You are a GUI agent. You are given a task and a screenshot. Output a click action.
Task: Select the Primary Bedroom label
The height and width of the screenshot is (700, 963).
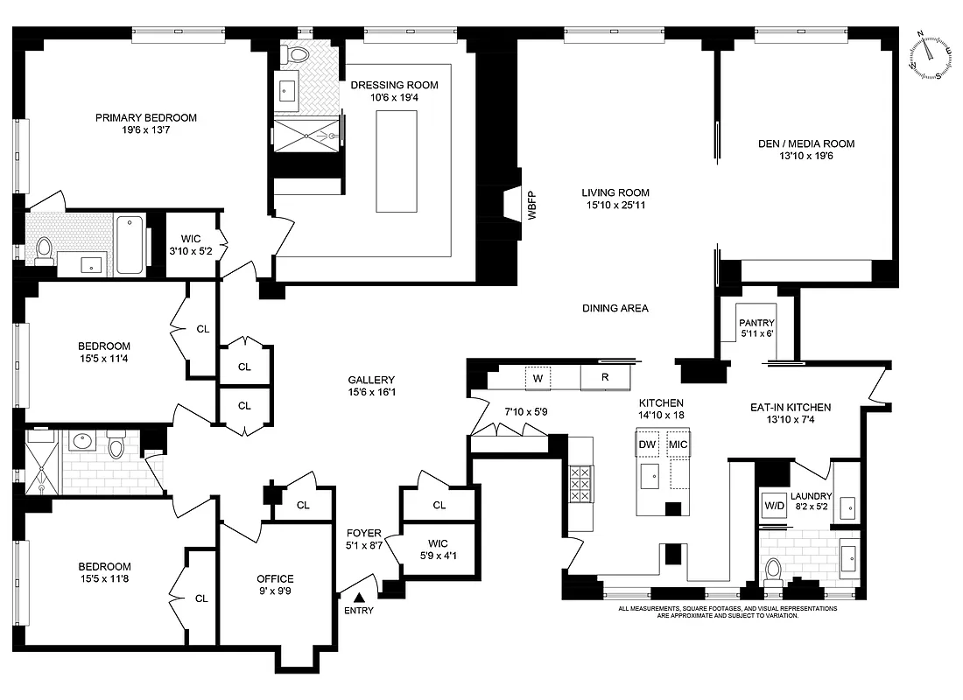click(146, 117)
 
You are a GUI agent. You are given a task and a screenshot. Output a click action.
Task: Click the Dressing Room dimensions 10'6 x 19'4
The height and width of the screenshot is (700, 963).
click(394, 99)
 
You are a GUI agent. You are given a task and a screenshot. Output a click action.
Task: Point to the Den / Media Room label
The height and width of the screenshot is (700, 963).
click(806, 143)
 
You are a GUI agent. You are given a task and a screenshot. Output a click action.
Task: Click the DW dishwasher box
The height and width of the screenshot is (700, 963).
click(648, 444)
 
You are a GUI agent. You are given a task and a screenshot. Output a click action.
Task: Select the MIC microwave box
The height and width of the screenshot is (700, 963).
click(678, 444)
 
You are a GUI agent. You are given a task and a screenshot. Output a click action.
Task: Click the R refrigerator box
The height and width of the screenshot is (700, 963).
click(605, 378)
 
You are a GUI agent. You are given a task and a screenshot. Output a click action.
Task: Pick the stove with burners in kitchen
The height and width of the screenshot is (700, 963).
click(580, 483)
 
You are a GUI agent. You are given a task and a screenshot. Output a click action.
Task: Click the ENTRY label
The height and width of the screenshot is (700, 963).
click(359, 610)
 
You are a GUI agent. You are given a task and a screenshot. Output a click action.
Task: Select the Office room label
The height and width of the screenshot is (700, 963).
click(275, 578)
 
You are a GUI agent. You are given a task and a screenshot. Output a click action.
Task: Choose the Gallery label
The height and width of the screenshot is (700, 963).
click(371, 380)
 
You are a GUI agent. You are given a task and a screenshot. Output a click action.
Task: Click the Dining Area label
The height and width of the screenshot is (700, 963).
click(615, 308)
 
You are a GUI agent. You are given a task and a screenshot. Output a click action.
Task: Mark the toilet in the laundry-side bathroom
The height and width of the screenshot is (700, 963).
click(772, 571)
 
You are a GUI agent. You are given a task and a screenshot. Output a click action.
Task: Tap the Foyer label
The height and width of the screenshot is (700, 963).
click(363, 532)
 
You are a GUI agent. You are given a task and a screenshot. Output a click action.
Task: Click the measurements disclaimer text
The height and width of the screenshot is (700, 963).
click(728, 612)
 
